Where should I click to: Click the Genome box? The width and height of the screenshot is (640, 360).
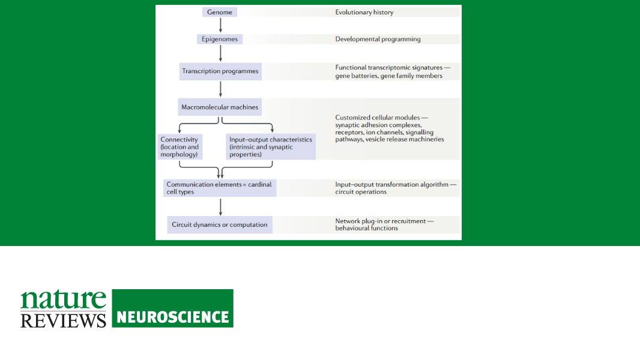pyautogui.click(x=220, y=12)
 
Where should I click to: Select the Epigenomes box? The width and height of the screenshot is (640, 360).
pyautogui.click(x=220, y=39)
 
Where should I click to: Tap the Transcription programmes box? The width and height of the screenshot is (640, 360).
pyautogui.click(x=220, y=71)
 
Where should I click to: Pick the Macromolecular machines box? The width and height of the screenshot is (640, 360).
pyautogui.click(x=220, y=107)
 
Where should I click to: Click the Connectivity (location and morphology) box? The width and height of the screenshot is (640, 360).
pyautogui.click(x=180, y=147)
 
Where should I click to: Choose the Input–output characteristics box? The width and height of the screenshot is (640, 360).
pyautogui.click(x=271, y=147)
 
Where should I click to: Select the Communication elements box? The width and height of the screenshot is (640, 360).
pyautogui.click(x=220, y=188)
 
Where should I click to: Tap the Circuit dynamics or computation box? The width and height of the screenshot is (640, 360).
pyautogui.click(x=220, y=224)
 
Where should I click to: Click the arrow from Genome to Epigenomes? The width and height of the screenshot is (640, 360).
pyautogui.click(x=220, y=25)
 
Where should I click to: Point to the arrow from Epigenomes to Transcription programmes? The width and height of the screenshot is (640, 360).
pyautogui.click(x=220, y=53)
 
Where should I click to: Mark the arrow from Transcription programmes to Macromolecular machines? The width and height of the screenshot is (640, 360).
pyautogui.click(x=220, y=89)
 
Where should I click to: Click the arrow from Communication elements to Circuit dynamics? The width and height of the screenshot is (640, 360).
pyautogui.click(x=220, y=207)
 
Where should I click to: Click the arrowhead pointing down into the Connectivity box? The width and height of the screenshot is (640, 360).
pyautogui.click(x=180, y=130)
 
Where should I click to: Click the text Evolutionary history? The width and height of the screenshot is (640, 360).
pyautogui.click(x=364, y=12)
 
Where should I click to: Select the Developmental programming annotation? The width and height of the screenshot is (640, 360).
pyautogui.click(x=378, y=39)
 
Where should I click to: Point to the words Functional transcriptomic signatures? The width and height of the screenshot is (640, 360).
pyautogui.click(x=388, y=68)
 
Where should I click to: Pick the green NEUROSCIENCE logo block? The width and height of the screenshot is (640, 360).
pyautogui.click(x=173, y=308)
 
